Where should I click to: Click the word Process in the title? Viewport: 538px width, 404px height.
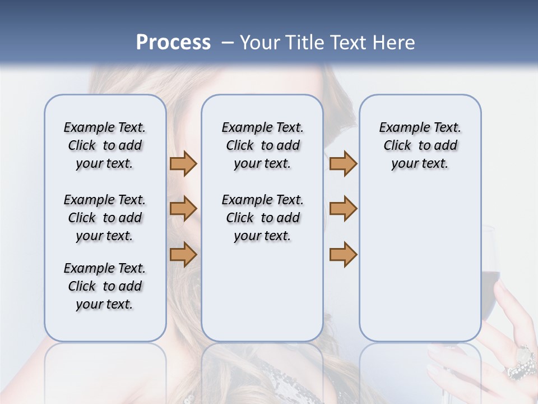click(173, 43)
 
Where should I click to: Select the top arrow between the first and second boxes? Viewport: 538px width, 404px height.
click(183, 163)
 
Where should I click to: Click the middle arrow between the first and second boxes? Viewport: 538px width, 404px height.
click(183, 209)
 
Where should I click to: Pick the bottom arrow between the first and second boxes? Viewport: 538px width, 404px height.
click(183, 254)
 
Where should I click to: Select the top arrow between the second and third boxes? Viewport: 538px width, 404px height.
click(343, 163)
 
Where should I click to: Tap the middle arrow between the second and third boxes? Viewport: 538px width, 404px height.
click(343, 209)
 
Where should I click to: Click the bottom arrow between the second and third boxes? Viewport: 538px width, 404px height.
click(343, 254)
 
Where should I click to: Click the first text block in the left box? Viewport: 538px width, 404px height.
click(105, 145)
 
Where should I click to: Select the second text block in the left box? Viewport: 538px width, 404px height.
click(105, 218)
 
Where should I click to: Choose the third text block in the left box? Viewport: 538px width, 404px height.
click(105, 286)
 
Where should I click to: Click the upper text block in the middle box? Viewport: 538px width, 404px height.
click(263, 145)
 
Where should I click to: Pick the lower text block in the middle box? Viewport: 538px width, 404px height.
click(263, 218)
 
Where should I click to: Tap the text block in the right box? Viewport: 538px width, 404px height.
click(420, 145)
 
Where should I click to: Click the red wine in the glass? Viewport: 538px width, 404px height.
click(490, 281)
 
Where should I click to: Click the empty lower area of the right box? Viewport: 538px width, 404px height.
click(420, 269)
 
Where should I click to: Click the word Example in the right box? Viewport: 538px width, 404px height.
click(401, 128)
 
